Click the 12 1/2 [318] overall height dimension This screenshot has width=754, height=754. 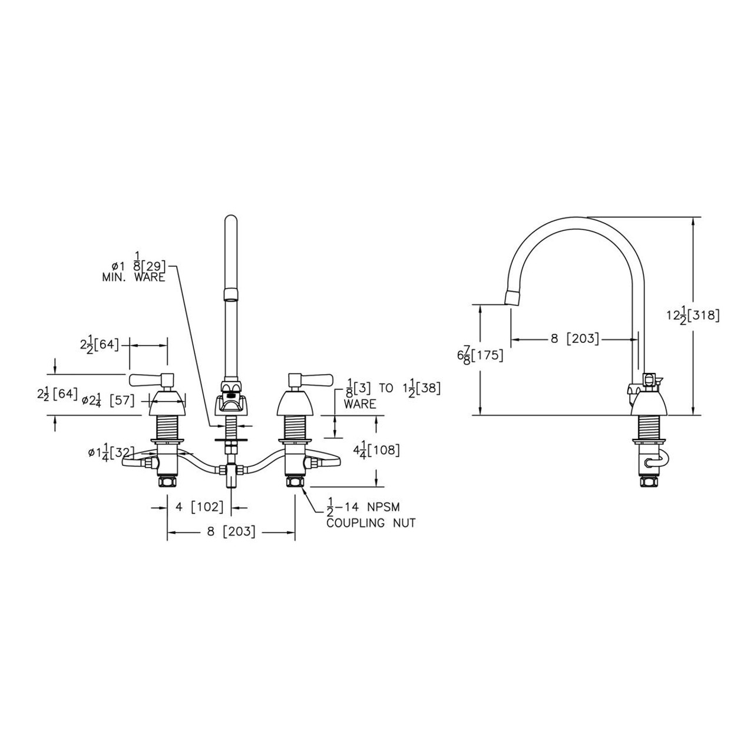coord(693,316)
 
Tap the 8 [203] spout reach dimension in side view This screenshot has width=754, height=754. coord(574,339)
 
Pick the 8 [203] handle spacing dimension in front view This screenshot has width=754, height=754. coord(230,531)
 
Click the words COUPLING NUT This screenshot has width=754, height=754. coord(371,522)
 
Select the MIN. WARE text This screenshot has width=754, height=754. coord(133,277)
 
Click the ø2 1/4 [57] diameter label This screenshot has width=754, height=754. coord(108,401)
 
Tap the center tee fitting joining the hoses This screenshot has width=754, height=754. coord(231,472)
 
